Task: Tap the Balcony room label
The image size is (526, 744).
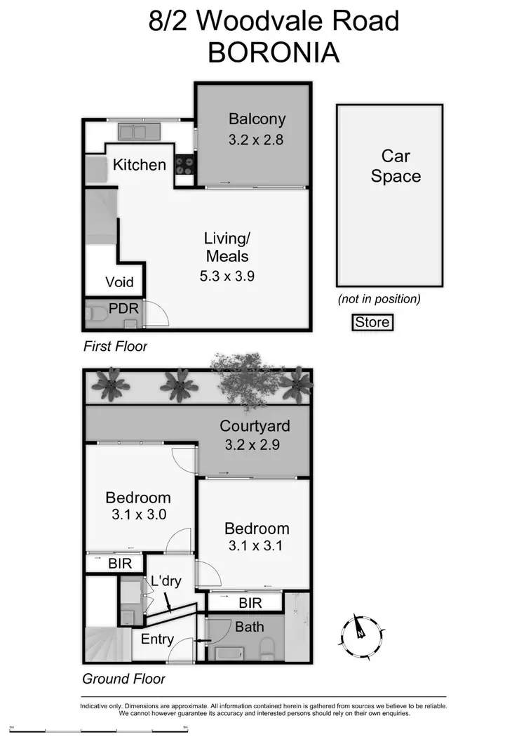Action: coord(257,119)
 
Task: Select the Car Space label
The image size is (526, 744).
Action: coord(396,166)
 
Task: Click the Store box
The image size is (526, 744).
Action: coord(372,323)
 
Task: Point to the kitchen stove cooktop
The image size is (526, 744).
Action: coord(184,166)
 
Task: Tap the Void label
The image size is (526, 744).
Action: coord(119,283)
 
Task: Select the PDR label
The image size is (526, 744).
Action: coord(123,308)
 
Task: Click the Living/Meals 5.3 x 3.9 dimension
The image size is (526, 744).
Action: coord(227,276)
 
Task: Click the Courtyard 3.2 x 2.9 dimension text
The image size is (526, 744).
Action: coord(253,444)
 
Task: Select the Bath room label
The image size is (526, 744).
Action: coord(250,626)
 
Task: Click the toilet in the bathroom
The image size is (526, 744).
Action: coord(267,646)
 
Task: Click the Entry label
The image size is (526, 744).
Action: coord(157,639)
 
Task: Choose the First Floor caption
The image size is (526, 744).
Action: coord(115,346)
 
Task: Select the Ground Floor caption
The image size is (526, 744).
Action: coord(124,679)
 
